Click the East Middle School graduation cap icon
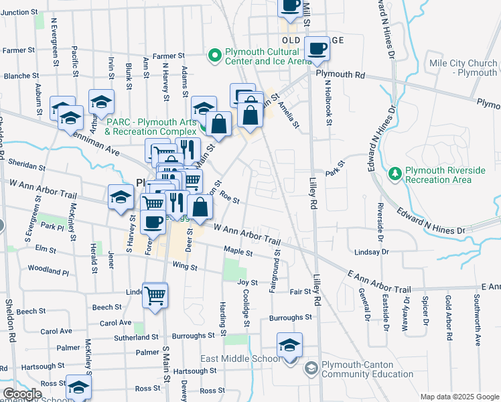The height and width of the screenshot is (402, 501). pyautogui.click(x=289, y=345)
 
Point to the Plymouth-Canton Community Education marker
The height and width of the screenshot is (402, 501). pyautogui.click(x=311, y=368)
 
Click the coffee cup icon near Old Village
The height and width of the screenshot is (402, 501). pyautogui.click(x=317, y=48)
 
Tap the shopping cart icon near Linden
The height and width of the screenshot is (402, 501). pyautogui.click(x=155, y=294)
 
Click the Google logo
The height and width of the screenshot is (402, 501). pyautogui.click(x=22, y=394)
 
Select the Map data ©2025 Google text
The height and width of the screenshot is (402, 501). pyautogui.click(x=459, y=397)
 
